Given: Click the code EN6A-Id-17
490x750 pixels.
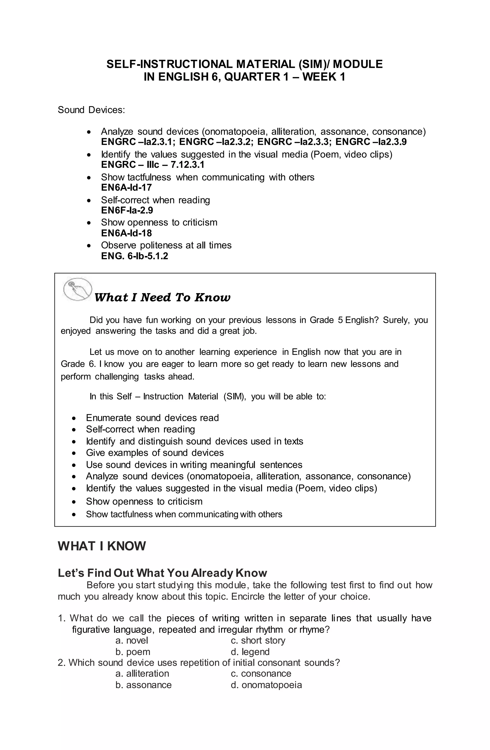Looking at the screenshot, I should tap(126, 187).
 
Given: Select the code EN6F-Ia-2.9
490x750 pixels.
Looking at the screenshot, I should tap(127, 210).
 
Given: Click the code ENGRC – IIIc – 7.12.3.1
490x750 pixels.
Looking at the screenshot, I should tap(153, 165).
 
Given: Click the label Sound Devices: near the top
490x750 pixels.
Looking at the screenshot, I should tap(91, 110).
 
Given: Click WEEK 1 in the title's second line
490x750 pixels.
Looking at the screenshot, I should tap(324, 77).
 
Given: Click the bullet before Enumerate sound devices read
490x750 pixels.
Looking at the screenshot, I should tap(74, 418).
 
